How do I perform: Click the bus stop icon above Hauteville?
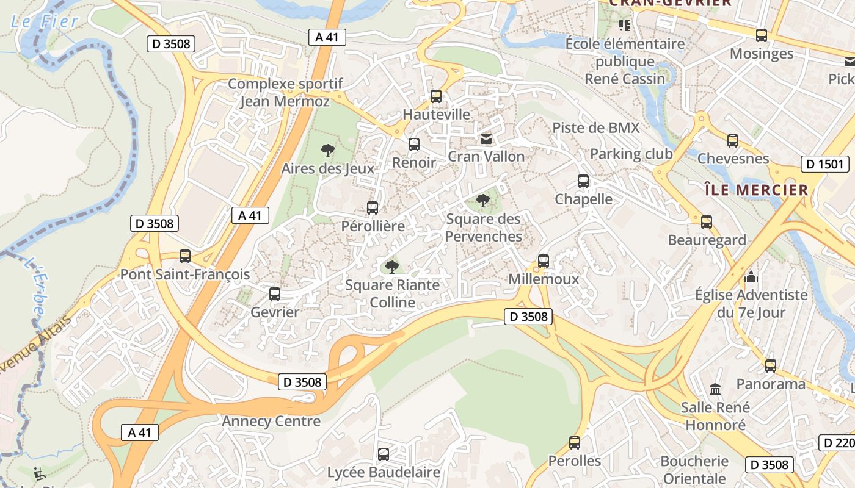435,96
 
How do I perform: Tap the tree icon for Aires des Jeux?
328,150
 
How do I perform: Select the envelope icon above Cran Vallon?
486,139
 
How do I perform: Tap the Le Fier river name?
45,21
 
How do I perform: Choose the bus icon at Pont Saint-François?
185,256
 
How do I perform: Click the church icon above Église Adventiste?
751,278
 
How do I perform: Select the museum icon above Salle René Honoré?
715,389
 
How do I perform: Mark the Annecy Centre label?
271,422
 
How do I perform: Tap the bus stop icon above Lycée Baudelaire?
383,454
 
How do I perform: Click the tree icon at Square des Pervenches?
482,200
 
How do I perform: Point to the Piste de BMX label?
595,127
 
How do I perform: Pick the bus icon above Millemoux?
544,261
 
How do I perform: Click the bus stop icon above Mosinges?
761,35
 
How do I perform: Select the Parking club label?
631,154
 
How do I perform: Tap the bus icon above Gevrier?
275,294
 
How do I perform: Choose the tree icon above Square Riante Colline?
392,267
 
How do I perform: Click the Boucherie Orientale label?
694,469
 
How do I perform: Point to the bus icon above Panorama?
771,366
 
